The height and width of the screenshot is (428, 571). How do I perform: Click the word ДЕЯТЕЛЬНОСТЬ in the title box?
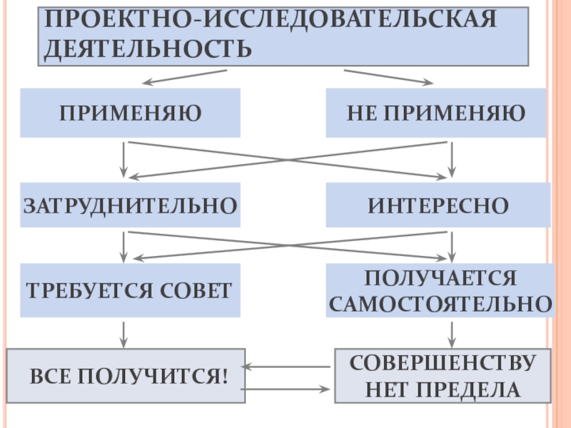148,49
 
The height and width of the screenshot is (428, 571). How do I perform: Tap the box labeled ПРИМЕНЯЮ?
130,113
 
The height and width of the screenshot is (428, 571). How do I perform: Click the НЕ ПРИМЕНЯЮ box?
436,113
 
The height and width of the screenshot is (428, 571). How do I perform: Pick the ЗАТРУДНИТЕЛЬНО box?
130,205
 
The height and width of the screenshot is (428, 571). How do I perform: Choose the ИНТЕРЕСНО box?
438,205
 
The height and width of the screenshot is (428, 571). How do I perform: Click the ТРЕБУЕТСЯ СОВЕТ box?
129,290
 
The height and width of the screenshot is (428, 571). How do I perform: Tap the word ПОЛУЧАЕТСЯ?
440,277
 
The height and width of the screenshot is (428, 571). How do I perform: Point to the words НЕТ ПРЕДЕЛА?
443,389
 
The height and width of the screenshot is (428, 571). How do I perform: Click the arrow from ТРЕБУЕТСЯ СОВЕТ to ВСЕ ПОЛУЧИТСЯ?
124,334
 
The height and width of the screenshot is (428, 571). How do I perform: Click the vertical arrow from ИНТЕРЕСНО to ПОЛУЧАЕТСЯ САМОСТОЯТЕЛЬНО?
451,247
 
